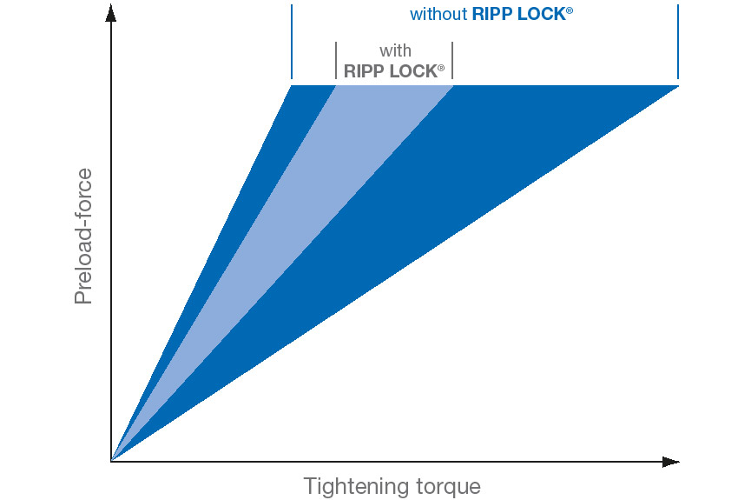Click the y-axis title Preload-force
(x=83, y=236)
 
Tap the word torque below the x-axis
(x=448, y=487)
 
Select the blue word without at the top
(x=438, y=14)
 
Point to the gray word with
(x=395, y=50)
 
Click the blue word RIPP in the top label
(x=492, y=14)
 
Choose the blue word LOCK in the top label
(x=542, y=14)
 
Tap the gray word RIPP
(x=365, y=71)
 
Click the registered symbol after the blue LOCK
(x=570, y=10)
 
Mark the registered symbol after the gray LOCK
(x=441, y=68)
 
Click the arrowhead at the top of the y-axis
(x=110, y=13)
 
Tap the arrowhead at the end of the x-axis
(x=671, y=462)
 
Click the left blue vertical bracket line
(x=292, y=41)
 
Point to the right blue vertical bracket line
(x=678, y=41)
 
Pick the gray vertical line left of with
(x=336, y=61)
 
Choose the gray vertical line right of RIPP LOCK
(x=452, y=61)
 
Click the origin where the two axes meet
(x=111, y=462)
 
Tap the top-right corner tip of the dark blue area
(x=678, y=86)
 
